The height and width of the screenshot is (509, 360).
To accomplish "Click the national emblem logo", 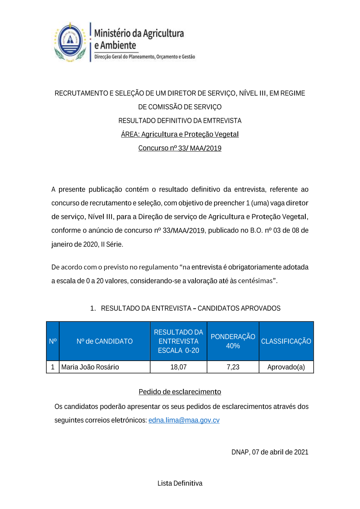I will [70, 42].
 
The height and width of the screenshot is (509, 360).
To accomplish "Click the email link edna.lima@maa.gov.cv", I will [184, 420].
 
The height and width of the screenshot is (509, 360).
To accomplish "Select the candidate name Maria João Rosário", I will [90, 367].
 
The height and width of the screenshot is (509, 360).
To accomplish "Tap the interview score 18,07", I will [178, 367].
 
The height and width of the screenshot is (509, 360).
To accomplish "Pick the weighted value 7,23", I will [233, 367].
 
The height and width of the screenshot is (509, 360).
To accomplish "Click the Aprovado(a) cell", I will [286, 367].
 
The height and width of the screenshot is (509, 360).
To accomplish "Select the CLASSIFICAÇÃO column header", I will [286, 341].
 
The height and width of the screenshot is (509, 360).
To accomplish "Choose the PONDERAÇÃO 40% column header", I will [233, 341].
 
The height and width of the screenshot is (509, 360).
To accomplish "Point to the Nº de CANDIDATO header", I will [104, 341].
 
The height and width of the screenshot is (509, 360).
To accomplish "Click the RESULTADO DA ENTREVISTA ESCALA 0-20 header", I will [178, 341].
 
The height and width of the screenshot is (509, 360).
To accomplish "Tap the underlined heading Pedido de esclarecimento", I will [180, 392].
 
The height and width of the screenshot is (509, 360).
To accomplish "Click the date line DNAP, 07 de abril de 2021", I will [270, 452].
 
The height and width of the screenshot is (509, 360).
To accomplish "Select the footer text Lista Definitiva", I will [180, 483].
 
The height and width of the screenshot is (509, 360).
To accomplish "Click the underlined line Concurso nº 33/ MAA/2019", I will [180, 148].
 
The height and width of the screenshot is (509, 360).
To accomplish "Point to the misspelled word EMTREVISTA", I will [222, 121].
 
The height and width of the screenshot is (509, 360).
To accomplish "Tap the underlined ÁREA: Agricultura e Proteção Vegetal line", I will [180, 134].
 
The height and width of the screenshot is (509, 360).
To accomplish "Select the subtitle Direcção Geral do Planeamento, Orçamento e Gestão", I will [145, 57].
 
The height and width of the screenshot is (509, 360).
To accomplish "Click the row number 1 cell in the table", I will [53, 367].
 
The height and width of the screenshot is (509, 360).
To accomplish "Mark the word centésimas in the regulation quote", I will [255, 281].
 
